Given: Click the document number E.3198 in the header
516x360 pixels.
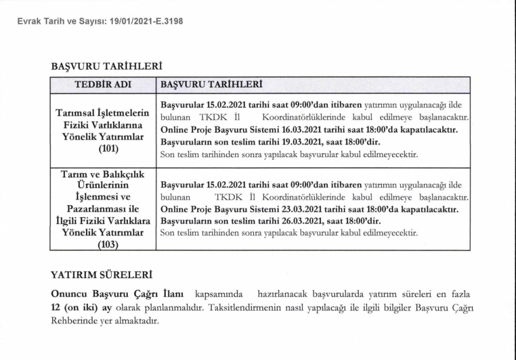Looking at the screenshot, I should (169, 21).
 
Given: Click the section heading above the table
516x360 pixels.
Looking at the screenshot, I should (104, 66).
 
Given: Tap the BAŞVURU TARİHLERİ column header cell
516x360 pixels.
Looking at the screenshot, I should (212, 85).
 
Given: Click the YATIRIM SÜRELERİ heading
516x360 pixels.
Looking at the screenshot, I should (102, 276).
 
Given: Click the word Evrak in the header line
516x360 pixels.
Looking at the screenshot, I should (29, 21).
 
